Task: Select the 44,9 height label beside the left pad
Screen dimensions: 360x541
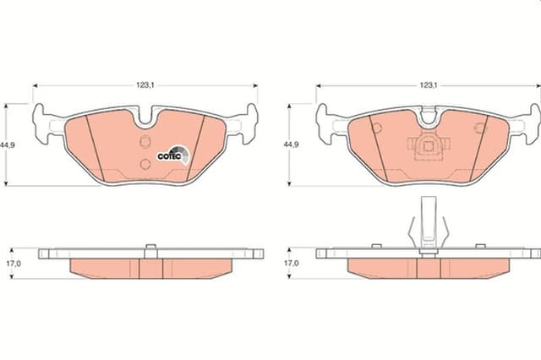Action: click(x=8, y=145)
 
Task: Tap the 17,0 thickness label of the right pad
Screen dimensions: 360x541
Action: click(x=291, y=263)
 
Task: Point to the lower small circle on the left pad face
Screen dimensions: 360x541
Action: click(x=144, y=163)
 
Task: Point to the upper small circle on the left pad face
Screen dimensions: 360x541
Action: click(x=145, y=140)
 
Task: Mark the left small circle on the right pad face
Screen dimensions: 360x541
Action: click(x=377, y=128)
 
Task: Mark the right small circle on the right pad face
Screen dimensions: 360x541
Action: click(x=479, y=128)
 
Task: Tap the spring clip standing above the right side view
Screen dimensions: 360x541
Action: click(x=429, y=224)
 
